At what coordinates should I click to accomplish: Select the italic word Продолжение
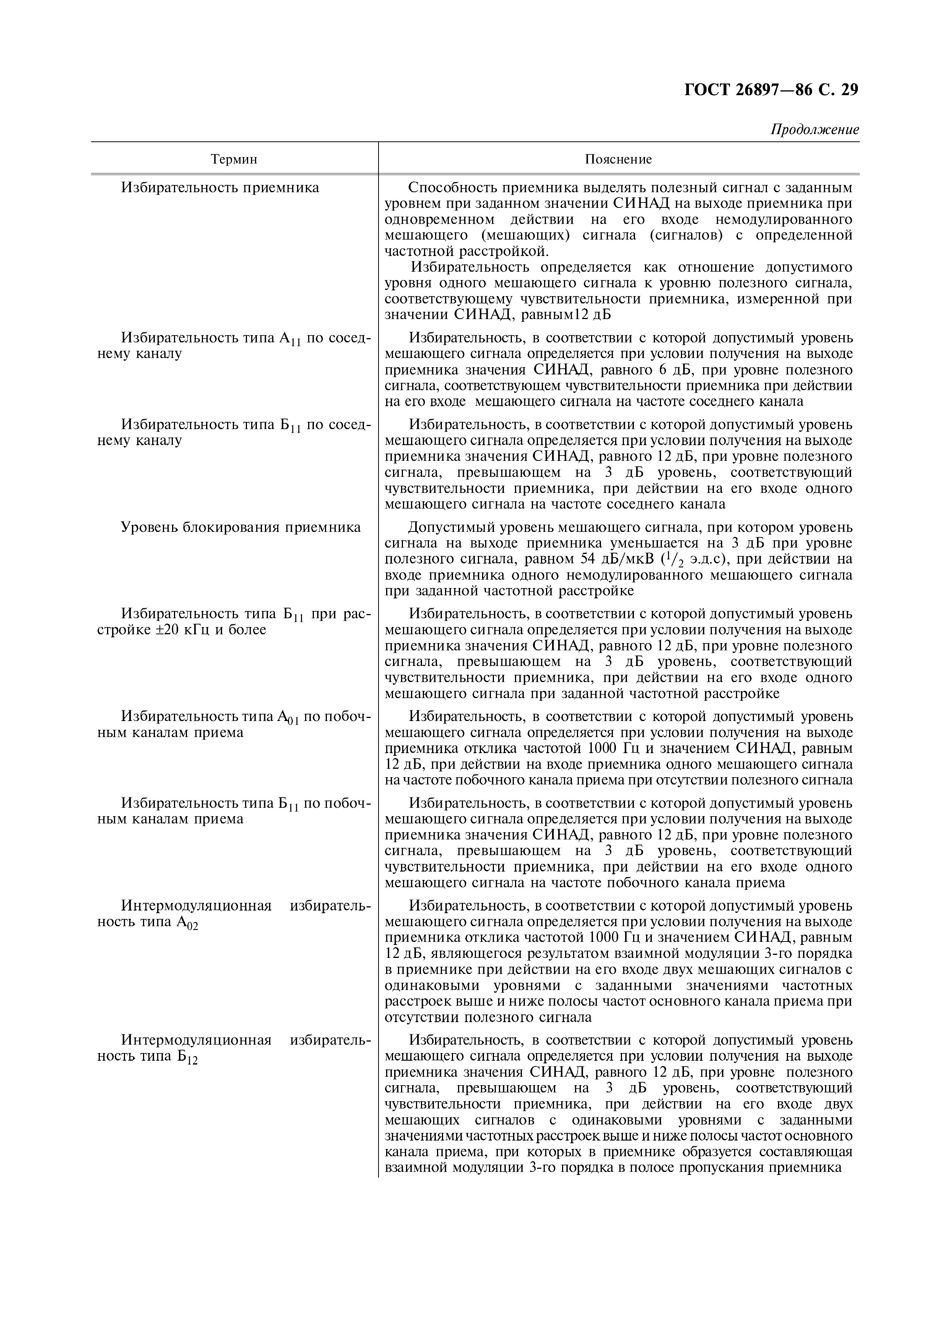(815, 130)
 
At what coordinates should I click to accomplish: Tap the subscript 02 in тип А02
(193, 926)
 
